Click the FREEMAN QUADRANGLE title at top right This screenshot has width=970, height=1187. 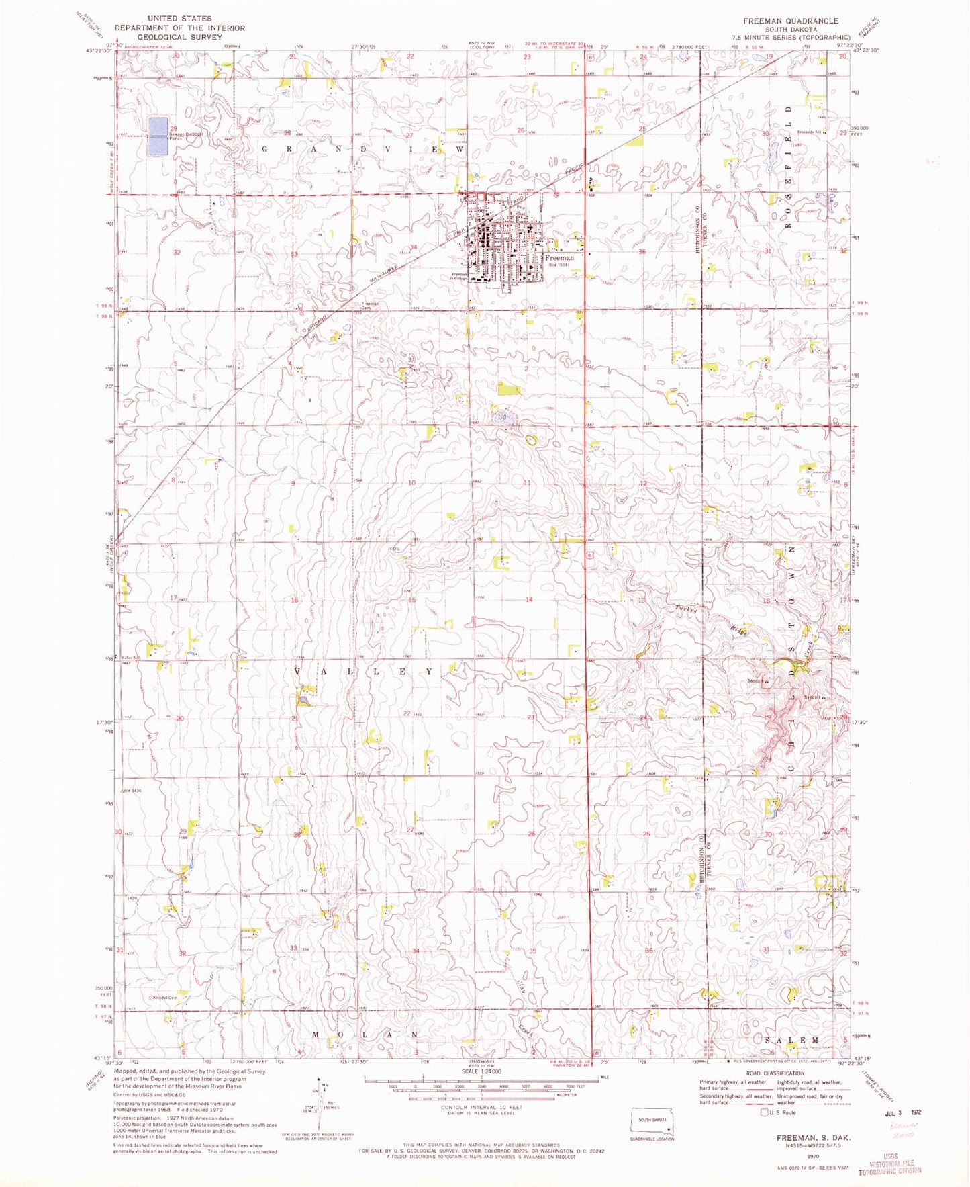point(790,21)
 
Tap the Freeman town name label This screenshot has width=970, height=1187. point(559,257)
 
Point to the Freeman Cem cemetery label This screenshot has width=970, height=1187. point(371,304)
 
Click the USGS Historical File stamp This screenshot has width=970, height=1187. point(891,1166)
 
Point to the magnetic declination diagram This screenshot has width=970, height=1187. point(320,1102)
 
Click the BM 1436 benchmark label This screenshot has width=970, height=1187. point(136,791)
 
